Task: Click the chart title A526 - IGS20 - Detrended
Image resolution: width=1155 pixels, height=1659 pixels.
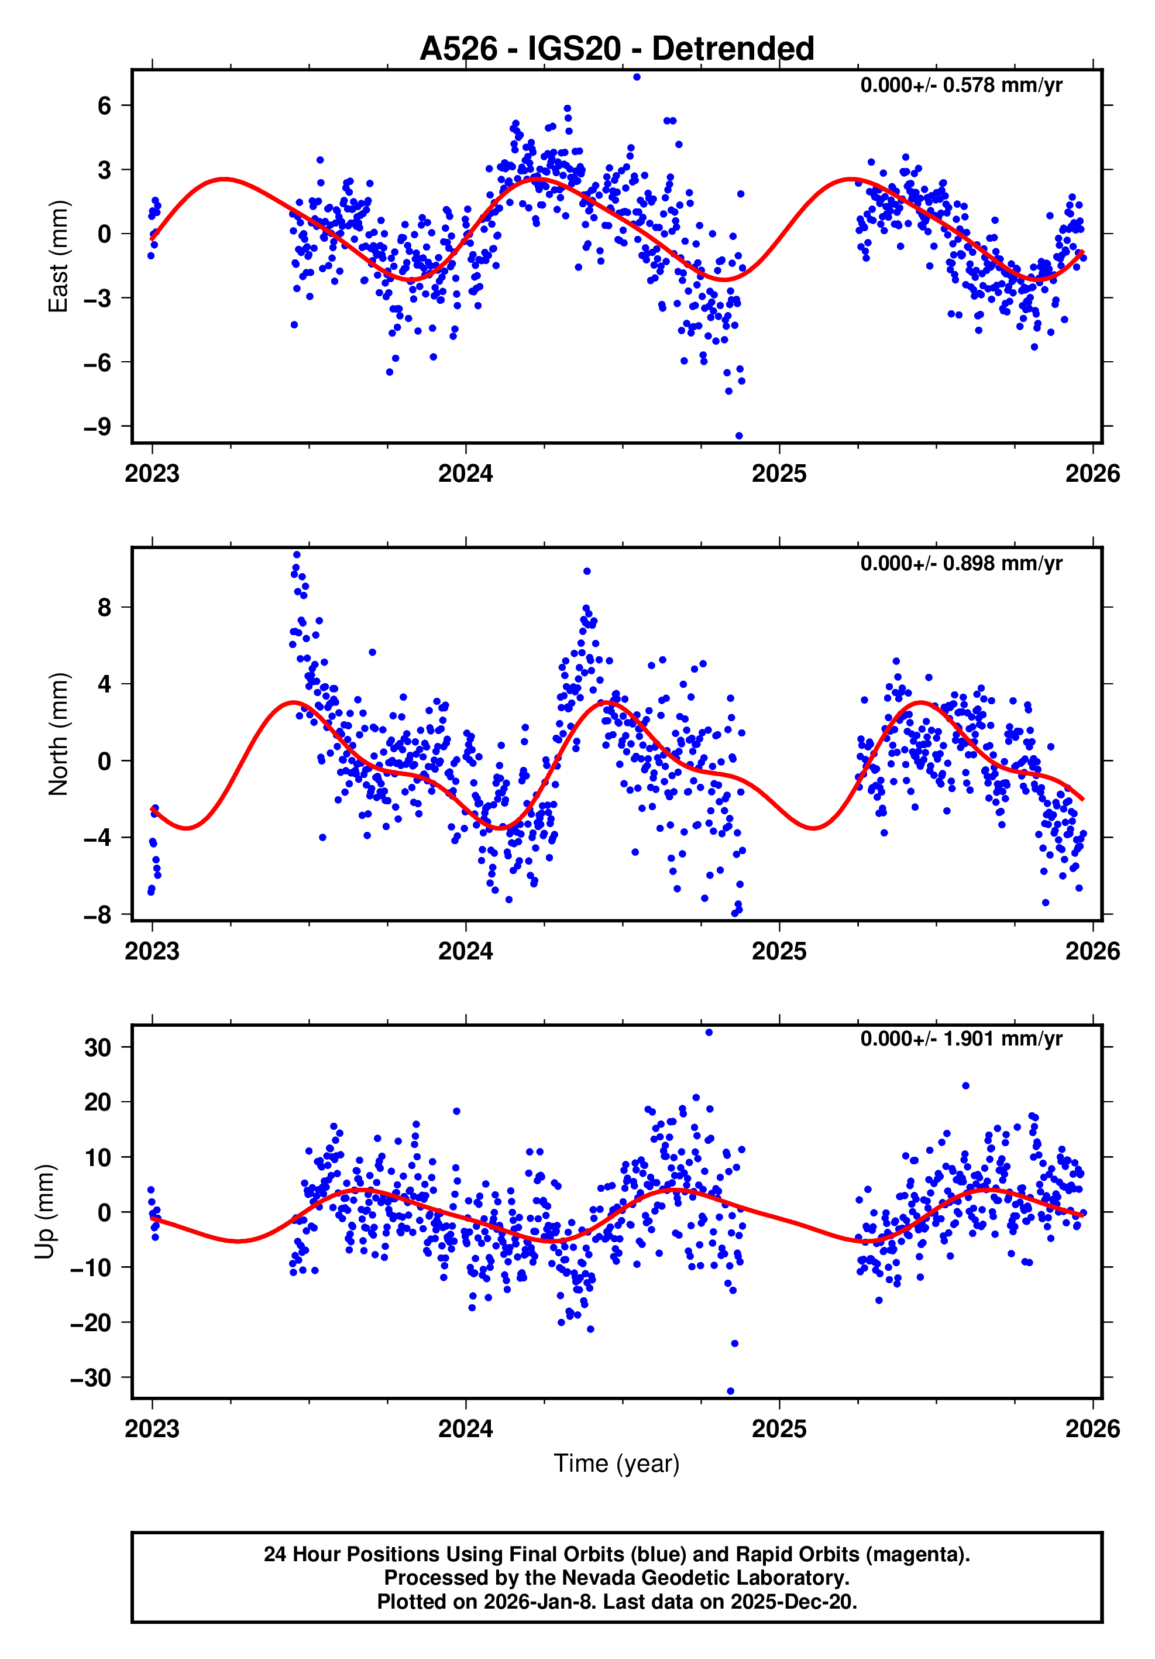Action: pyautogui.click(x=616, y=49)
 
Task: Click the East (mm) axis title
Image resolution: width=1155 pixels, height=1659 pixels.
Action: pyautogui.click(x=58, y=256)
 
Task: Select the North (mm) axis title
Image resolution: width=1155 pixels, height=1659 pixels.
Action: pyautogui.click(x=58, y=734)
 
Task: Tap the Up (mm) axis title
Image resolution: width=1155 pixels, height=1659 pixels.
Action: pyautogui.click(x=45, y=1212)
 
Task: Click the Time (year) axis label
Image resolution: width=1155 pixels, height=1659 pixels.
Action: pyautogui.click(x=616, y=1462)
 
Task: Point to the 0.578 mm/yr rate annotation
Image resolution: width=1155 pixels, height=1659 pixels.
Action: pyautogui.click(x=961, y=85)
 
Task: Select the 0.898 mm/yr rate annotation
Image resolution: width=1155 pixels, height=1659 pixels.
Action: pyautogui.click(x=961, y=563)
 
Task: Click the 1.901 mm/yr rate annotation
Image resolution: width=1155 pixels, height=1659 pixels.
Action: pyautogui.click(x=961, y=1039)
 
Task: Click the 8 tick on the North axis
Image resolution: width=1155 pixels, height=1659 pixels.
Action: pyautogui.click(x=105, y=608)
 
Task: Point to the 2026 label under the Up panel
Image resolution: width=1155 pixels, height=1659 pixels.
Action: pyautogui.click(x=1092, y=1428)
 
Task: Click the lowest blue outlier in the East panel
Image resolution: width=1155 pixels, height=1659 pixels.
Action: pyautogui.click(x=738, y=436)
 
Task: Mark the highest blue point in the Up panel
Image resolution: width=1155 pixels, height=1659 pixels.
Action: pyautogui.click(x=709, y=1033)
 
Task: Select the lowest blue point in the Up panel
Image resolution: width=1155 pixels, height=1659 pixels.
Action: pyautogui.click(x=730, y=1391)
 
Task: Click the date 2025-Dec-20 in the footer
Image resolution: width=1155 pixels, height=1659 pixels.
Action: pyautogui.click(x=792, y=1602)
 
